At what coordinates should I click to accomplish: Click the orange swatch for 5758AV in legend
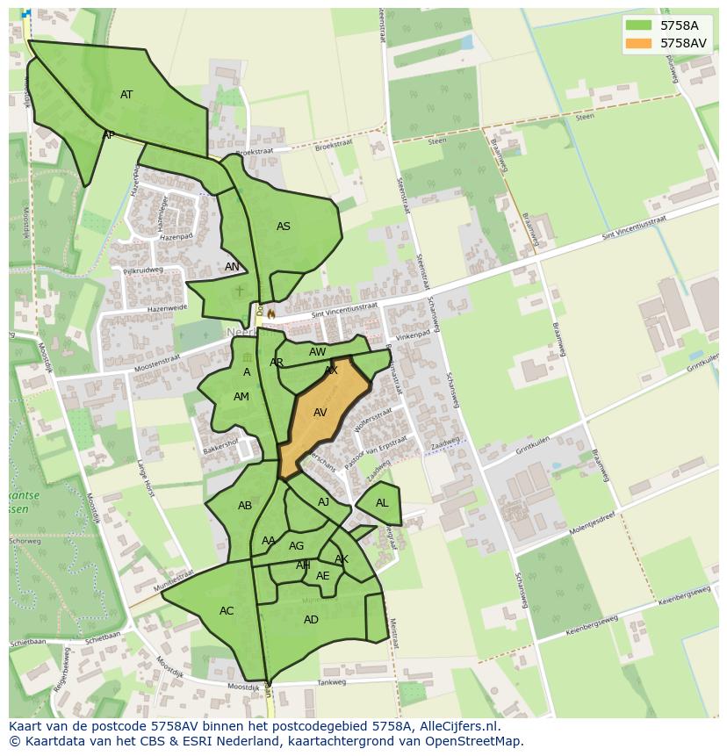click(639, 43)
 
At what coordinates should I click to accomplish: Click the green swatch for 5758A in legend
click(639, 25)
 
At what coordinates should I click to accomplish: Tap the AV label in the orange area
click(320, 413)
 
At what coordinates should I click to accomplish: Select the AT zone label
click(126, 95)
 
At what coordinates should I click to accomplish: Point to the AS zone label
click(284, 227)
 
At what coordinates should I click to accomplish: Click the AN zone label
click(232, 267)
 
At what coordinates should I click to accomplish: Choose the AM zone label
click(241, 397)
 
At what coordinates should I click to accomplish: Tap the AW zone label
click(318, 352)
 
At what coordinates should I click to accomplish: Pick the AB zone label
click(245, 506)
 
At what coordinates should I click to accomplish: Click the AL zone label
click(382, 503)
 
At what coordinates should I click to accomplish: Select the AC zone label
click(227, 611)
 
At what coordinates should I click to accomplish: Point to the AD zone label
click(311, 620)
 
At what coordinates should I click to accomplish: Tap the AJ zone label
click(324, 502)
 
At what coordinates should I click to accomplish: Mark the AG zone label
click(297, 546)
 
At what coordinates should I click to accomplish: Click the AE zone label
click(323, 576)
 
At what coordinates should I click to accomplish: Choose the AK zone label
click(342, 559)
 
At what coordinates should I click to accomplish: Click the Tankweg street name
click(332, 682)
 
